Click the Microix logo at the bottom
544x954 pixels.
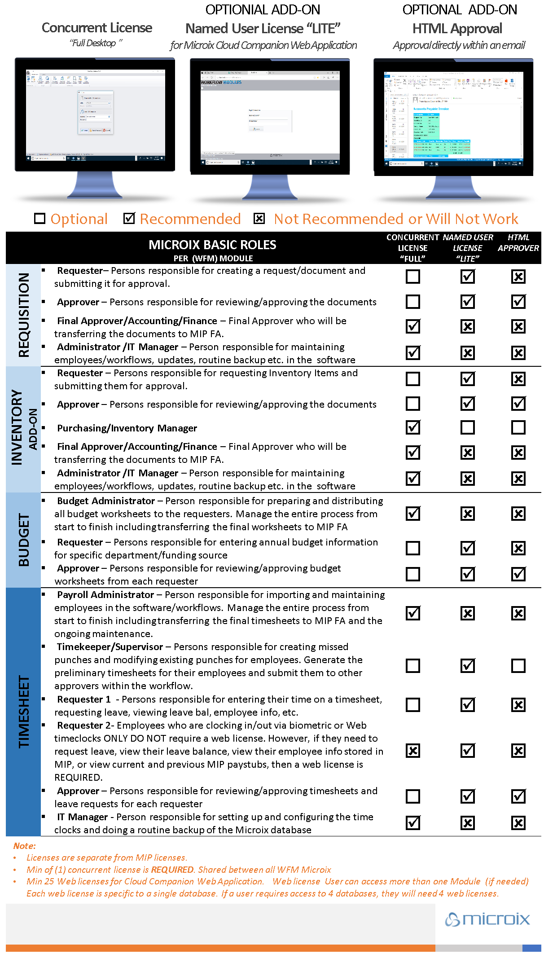pyautogui.click(x=487, y=919)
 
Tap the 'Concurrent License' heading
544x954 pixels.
pyautogui.click(x=97, y=28)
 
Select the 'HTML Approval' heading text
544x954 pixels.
pyautogui.click(x=457, y=29)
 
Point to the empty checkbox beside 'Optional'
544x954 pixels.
pyautogui.click(x=40, y=219)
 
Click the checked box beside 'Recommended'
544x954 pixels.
pyautogui.click(x=129, y=218)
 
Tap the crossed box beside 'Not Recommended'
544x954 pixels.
pyautogui.click(x=259, y=219)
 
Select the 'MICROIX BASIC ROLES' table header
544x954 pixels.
pyautogui.click(x=212, y=245)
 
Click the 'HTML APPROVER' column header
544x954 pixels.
pyautogui.click(x=518, y=243)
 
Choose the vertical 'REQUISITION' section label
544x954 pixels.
pyautogui.click(x=23, y=315)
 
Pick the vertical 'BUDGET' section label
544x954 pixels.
pyautogui.click(x=23, y=540)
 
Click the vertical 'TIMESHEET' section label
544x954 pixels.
pyautogui.click(x=23, y=712)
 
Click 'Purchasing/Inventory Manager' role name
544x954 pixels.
pyautogui.click(x=127, y=428)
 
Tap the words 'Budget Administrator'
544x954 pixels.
pyautogui.click(x=106, y=501)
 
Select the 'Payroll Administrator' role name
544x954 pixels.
pyautogui.click(x=105, y=595)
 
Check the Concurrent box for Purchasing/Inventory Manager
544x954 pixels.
pyautogui.click(x=413, y=427)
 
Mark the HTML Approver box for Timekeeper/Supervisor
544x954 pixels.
pyautogui.click(x=518, y=666)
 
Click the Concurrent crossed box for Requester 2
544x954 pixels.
pyautogui.click(x=413, y=751)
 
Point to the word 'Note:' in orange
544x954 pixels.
pyautogui.click(x=25, y=846)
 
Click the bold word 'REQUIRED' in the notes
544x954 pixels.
pyautogui.click(x=172, y=870)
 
